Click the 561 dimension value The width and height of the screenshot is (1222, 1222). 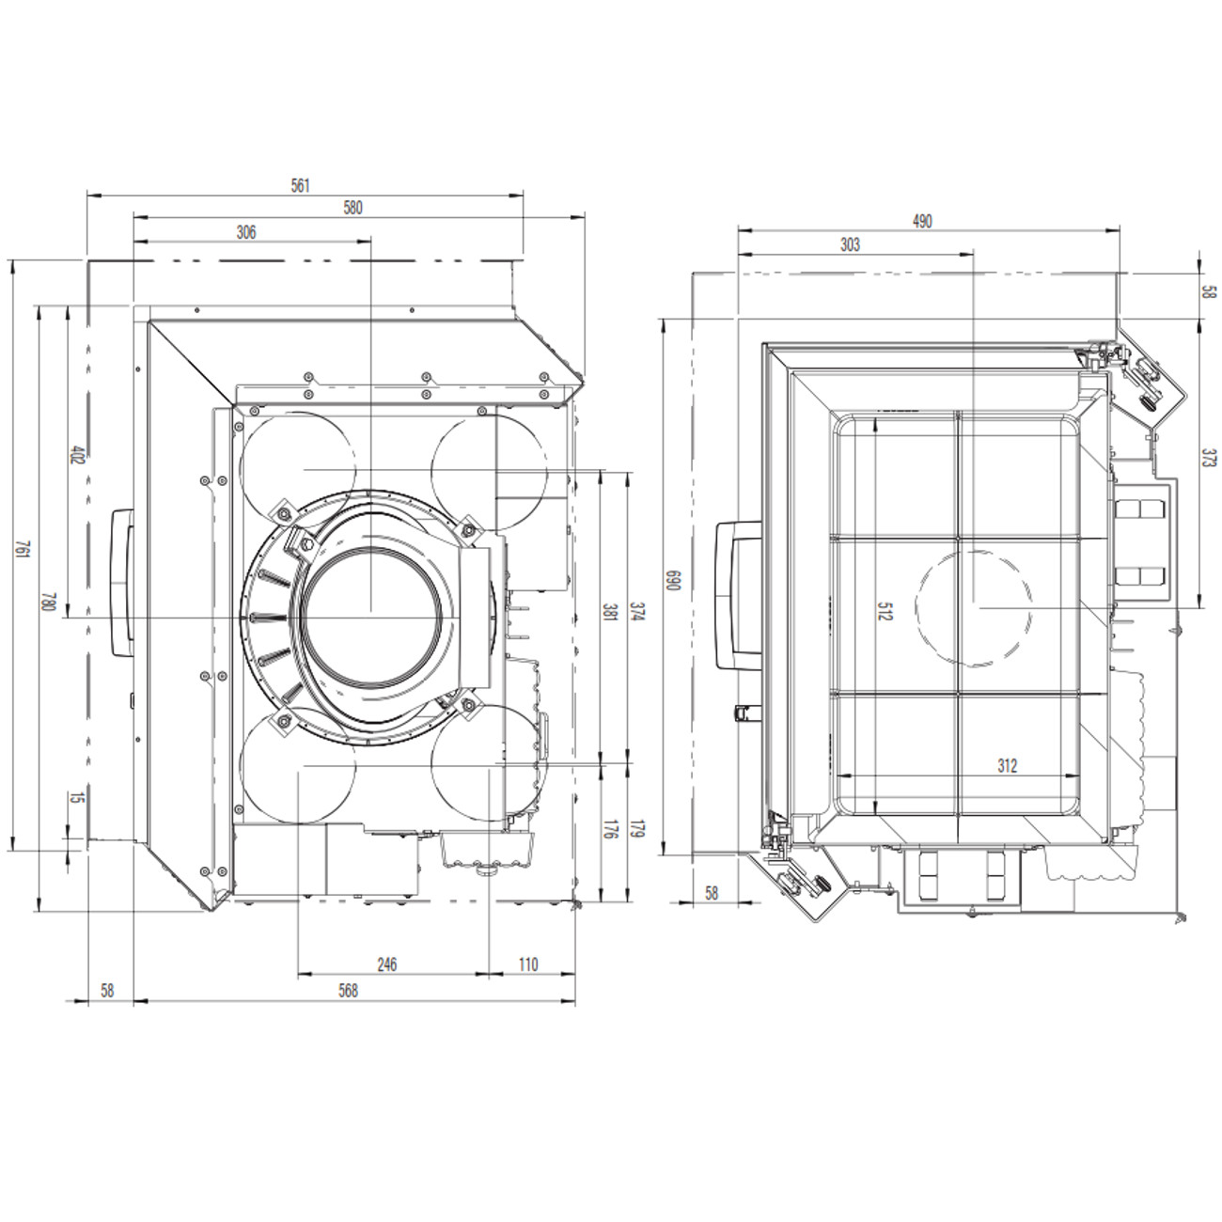tap(300, 185)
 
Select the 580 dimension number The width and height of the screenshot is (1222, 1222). tap(352, 208)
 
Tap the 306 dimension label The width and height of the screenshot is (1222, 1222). tap(246, 232)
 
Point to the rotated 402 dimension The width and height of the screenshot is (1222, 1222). tap(78, 454)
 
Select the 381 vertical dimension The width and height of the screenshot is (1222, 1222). tap(609, 614)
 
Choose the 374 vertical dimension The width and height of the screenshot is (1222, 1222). tap(636, 614)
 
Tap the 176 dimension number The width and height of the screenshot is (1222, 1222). tap(609, 829)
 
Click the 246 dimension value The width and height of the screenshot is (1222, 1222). tap(386, 964)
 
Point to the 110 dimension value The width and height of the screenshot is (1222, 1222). tap(528, 964)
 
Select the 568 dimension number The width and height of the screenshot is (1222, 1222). tap(348, 990)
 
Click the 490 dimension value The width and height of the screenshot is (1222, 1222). tap(922, 221)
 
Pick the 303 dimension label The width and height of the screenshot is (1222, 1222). tap(850, 244)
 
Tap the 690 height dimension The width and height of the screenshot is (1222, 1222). tap(672, 581)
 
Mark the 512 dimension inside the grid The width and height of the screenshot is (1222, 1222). tap(885, 611)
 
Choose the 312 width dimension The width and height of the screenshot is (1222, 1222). tap(1007, 766)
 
